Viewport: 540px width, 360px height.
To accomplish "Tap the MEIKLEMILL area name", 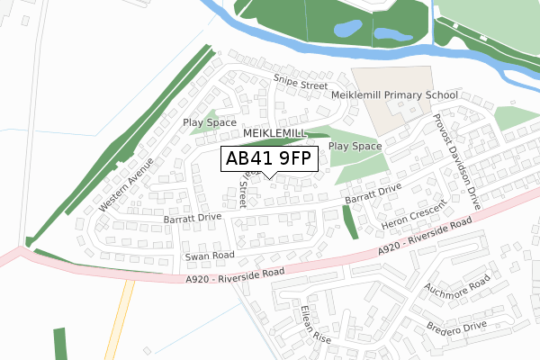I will pyautogui.click(x=275, y=133).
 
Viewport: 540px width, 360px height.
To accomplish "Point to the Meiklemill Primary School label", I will pyautogui.click(x=395, y=94).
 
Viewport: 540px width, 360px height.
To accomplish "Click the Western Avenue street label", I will pyautogui.click(x=121, y=185).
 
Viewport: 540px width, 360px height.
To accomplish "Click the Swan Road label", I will pyautogui.click(x=210, y=256).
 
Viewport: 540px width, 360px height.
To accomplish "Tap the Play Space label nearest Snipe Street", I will pyautogui.click(x=210, y=122).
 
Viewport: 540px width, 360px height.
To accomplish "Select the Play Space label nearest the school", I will pyautogui.click(x=355, y=145).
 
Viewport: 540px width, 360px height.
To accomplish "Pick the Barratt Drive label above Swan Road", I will pyautogui.click(x=193, y=218).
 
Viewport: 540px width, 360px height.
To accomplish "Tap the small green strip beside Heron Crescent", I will pyautogui.click(x=350, y=221).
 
